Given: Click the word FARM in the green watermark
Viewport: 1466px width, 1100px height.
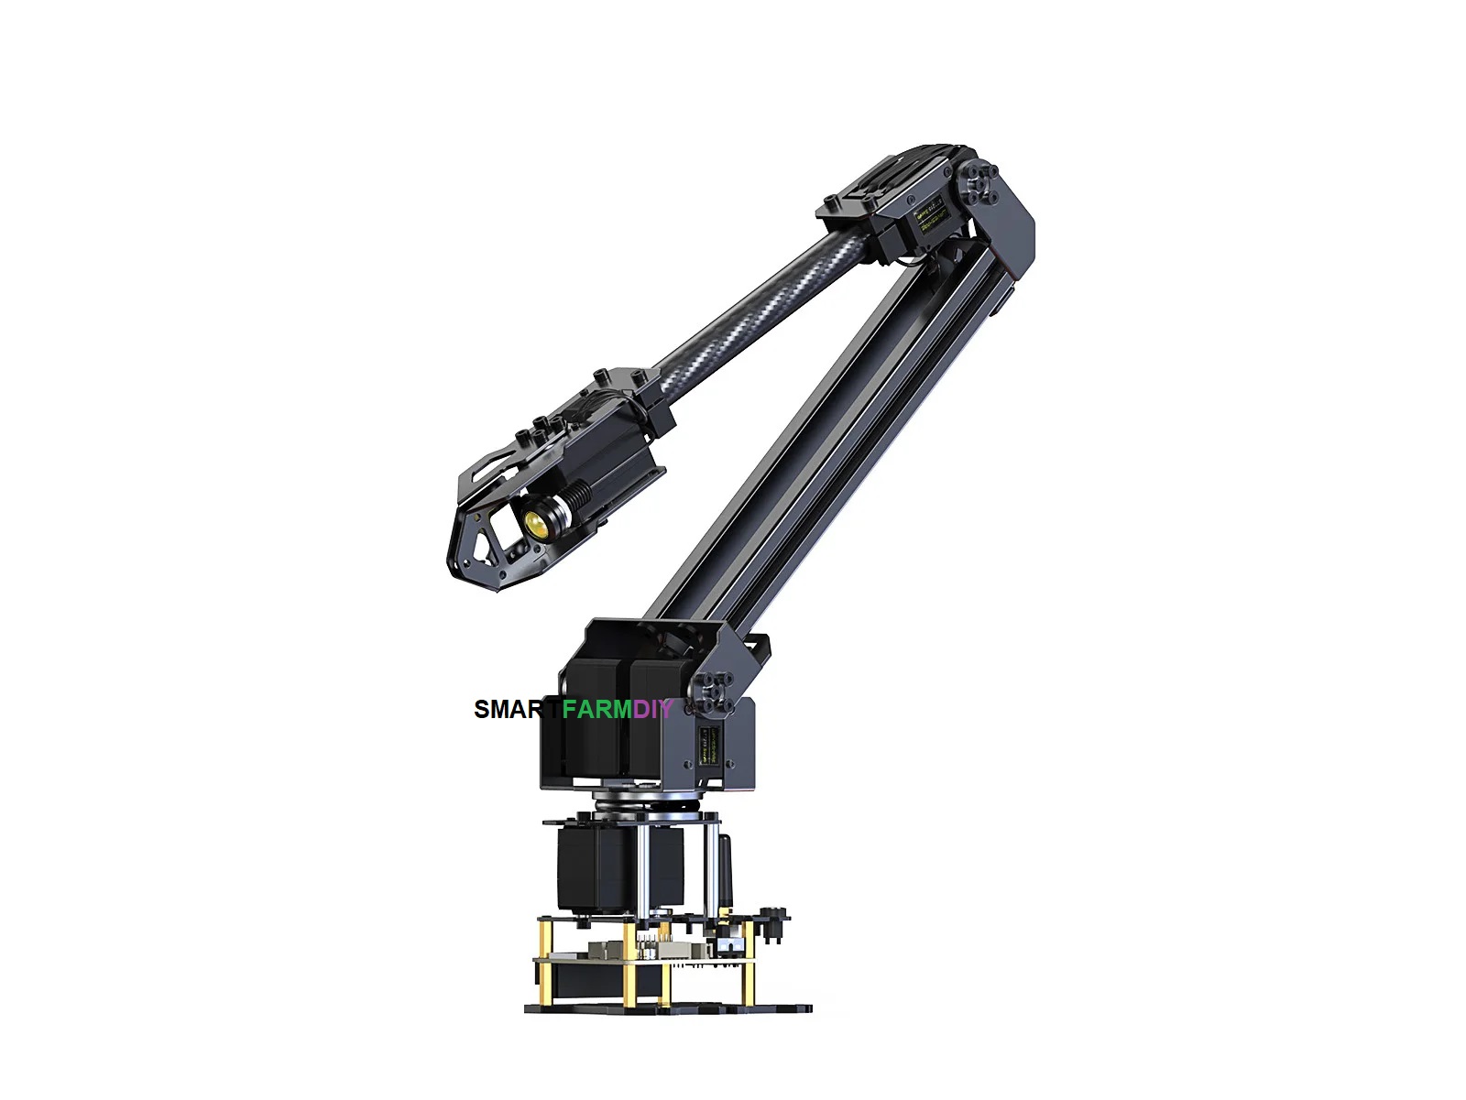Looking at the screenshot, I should click(596, 709).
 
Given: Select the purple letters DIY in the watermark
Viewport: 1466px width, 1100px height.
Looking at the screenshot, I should click(653, 709).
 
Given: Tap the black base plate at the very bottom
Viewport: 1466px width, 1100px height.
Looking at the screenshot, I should click(669, 1007).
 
